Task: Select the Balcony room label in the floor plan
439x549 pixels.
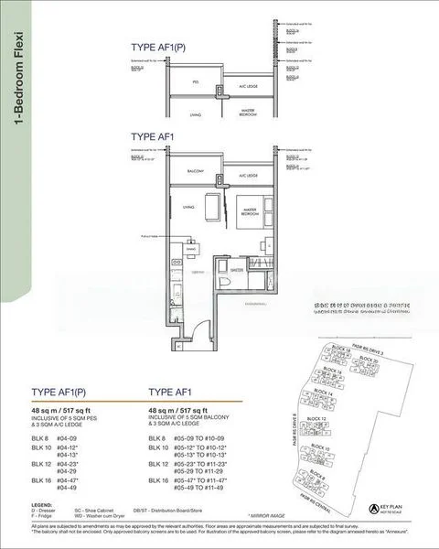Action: pos(196,171)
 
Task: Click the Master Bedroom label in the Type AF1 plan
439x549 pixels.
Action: pos(250,214)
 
